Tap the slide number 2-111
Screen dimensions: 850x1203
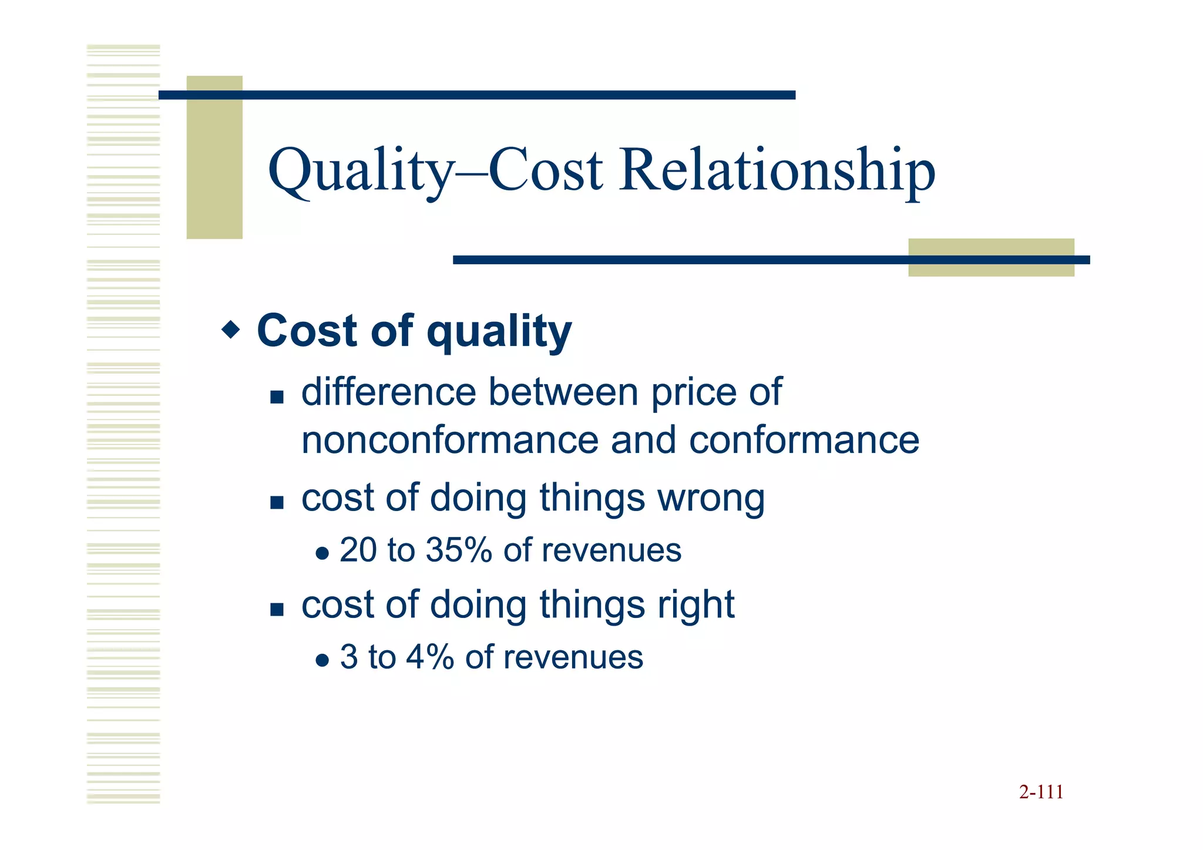[x=1041, y=792]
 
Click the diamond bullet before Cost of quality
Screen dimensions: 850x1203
[x=231, y=330]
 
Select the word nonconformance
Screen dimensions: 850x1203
[x=449, y=441]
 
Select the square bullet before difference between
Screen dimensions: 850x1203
[x=277, y=397]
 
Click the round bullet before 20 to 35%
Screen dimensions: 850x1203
[x=322, y=553]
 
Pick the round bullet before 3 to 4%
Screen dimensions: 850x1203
[x=322, y=660]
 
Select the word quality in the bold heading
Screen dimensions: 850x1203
[x=499, y=332]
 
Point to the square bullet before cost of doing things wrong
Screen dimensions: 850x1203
[x=277, y=503]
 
